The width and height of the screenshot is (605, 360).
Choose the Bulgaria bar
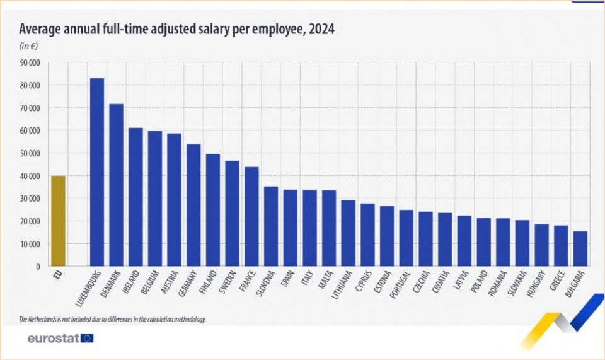pos(580,248)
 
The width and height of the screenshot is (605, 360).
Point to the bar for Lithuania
pos(348,233)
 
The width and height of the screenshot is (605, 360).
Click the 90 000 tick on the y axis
pos(30,62)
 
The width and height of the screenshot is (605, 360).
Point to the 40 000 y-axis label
pos(30,176)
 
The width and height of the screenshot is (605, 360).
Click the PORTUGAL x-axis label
pos(402,284)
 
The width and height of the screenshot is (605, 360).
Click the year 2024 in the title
pos(321,28)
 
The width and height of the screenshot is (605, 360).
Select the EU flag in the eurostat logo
pos(87,339)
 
